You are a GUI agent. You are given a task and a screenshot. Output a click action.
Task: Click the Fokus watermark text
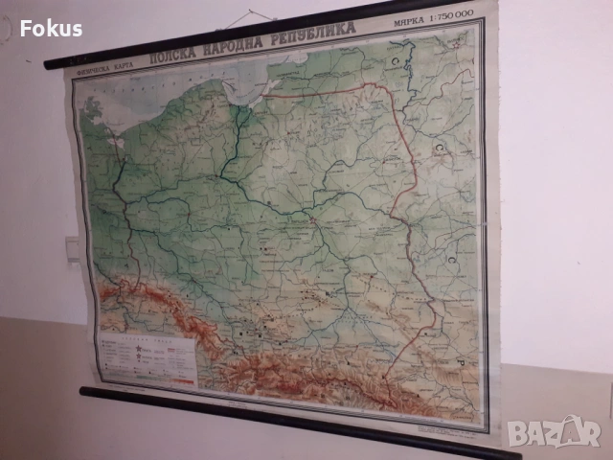coord(50,28)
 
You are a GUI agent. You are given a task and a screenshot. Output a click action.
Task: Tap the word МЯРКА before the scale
coord(405,23)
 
